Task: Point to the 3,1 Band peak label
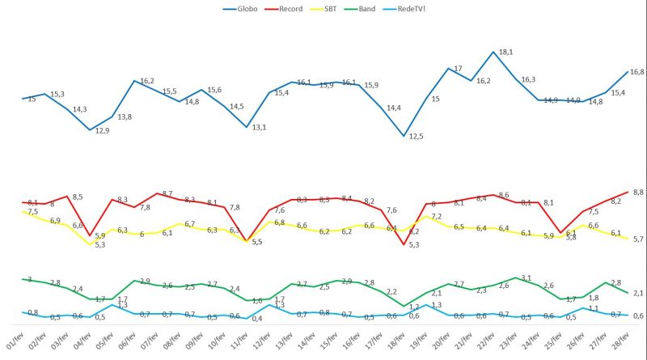(525, 278)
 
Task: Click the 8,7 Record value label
(167, 194)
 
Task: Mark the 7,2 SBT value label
(437, 217)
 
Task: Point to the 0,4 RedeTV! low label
(256, 318)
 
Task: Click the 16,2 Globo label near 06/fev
(147, 81)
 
